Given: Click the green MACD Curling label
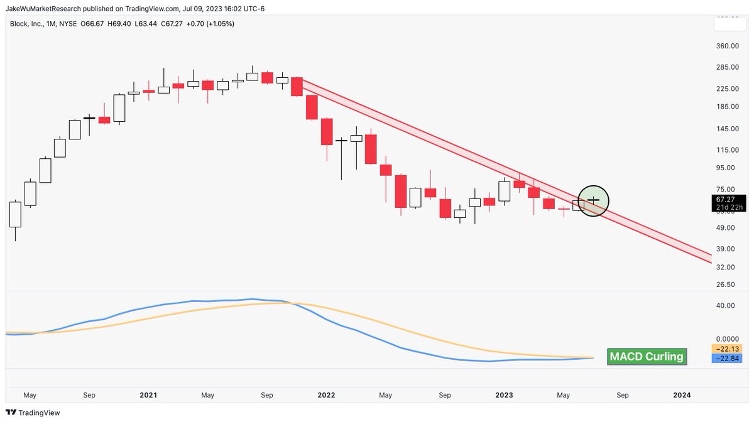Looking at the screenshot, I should tap(645, 357).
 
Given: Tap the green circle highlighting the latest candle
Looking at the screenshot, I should tap(593, 200).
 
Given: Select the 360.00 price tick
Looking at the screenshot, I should tap(724, 46).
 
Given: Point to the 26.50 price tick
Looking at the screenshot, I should tap(724, 285).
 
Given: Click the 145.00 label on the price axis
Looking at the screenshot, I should tap(724, 129).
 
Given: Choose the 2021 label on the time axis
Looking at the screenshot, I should tap(148, 395).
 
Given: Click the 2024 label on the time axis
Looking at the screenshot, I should tap(682, 395).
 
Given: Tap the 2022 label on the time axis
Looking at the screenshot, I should tap(326, 395).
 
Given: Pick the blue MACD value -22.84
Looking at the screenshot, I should tap(724, 358).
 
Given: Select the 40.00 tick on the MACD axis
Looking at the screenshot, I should tap(724, 306).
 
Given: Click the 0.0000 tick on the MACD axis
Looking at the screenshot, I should tap(724, 338).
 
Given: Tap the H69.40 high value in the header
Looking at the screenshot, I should tap(111, 23).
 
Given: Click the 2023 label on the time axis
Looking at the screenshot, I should tap(504, 395).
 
